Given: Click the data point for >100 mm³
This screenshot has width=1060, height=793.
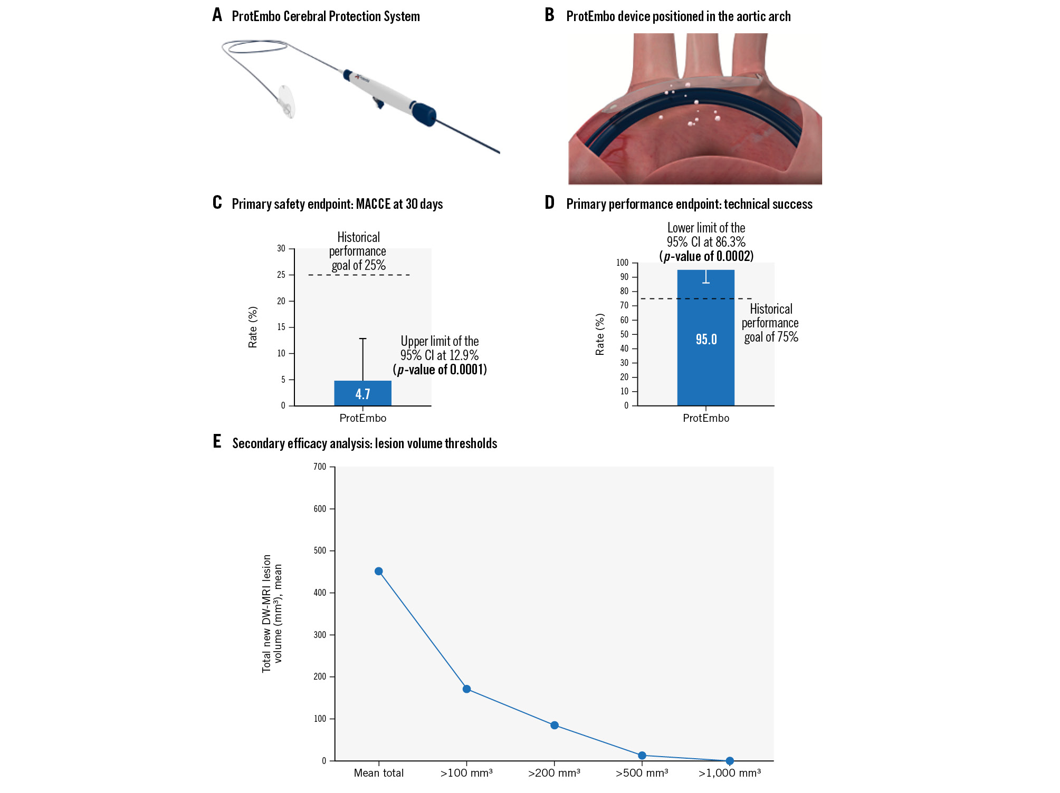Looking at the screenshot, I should click(466, 689).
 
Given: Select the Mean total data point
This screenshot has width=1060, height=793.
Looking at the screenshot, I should click(378, 572).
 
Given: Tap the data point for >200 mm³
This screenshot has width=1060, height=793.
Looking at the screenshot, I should click(555, 726).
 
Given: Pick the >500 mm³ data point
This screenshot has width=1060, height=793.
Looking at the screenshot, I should click(642, 756).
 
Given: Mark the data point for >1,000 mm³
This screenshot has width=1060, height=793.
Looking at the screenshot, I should click(730, 761).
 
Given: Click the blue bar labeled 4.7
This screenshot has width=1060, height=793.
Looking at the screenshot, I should click(362, 393).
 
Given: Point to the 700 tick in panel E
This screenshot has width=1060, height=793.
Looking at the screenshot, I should click(320, 467).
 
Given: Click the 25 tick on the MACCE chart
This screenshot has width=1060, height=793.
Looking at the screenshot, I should click(281, 275).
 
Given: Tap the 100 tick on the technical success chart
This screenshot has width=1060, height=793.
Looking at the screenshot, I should click(623, 263).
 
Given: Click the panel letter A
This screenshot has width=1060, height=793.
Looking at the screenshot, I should click(217, 15).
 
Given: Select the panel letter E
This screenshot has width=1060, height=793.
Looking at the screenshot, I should click(217, 442).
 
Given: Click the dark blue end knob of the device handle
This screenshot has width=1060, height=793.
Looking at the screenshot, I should click(424, 114).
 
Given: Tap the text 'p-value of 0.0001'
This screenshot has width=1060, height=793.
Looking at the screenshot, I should click(440, 370).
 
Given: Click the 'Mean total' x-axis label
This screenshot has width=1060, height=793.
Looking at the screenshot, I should click(378, 773).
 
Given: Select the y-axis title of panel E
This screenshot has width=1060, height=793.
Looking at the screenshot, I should click(272, 613).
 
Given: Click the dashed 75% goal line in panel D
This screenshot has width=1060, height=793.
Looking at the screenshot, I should click(660, 299).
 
